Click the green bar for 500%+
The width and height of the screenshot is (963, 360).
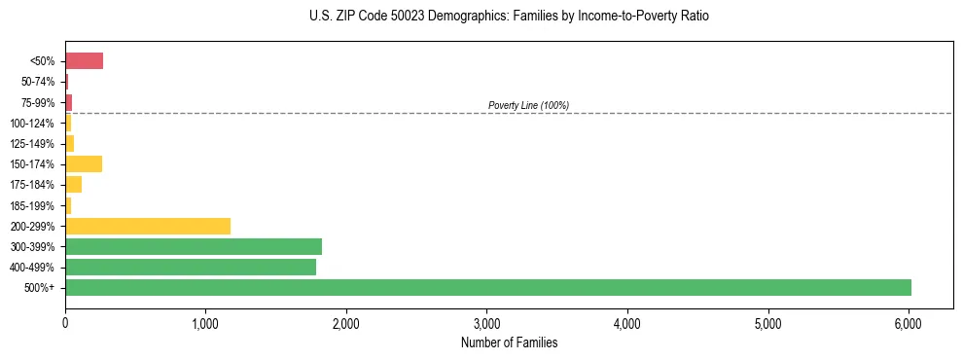(487, 287)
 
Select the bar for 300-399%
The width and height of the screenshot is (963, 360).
(193, 246)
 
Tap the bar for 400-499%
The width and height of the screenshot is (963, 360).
(190, 267)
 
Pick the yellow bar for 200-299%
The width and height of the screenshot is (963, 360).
(147, 226)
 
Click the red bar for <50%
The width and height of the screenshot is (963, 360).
(84, 61)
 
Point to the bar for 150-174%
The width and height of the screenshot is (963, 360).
(83, 163)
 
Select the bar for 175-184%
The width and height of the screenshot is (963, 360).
(73, 184)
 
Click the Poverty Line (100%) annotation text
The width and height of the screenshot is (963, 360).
(528, 105)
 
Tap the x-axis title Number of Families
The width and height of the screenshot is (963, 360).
(509, 342)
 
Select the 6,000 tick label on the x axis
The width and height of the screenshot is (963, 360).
(908, 323)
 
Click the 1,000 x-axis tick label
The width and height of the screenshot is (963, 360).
(205, 323)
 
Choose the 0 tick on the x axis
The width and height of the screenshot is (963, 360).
(65, 323)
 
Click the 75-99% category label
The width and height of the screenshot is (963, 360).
(38, 102)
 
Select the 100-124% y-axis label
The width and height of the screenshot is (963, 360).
(34, 124)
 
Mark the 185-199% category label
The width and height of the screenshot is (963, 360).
(34, 205)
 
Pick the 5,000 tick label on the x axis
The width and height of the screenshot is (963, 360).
(767, 323)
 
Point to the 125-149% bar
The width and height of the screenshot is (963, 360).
(69, 143)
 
